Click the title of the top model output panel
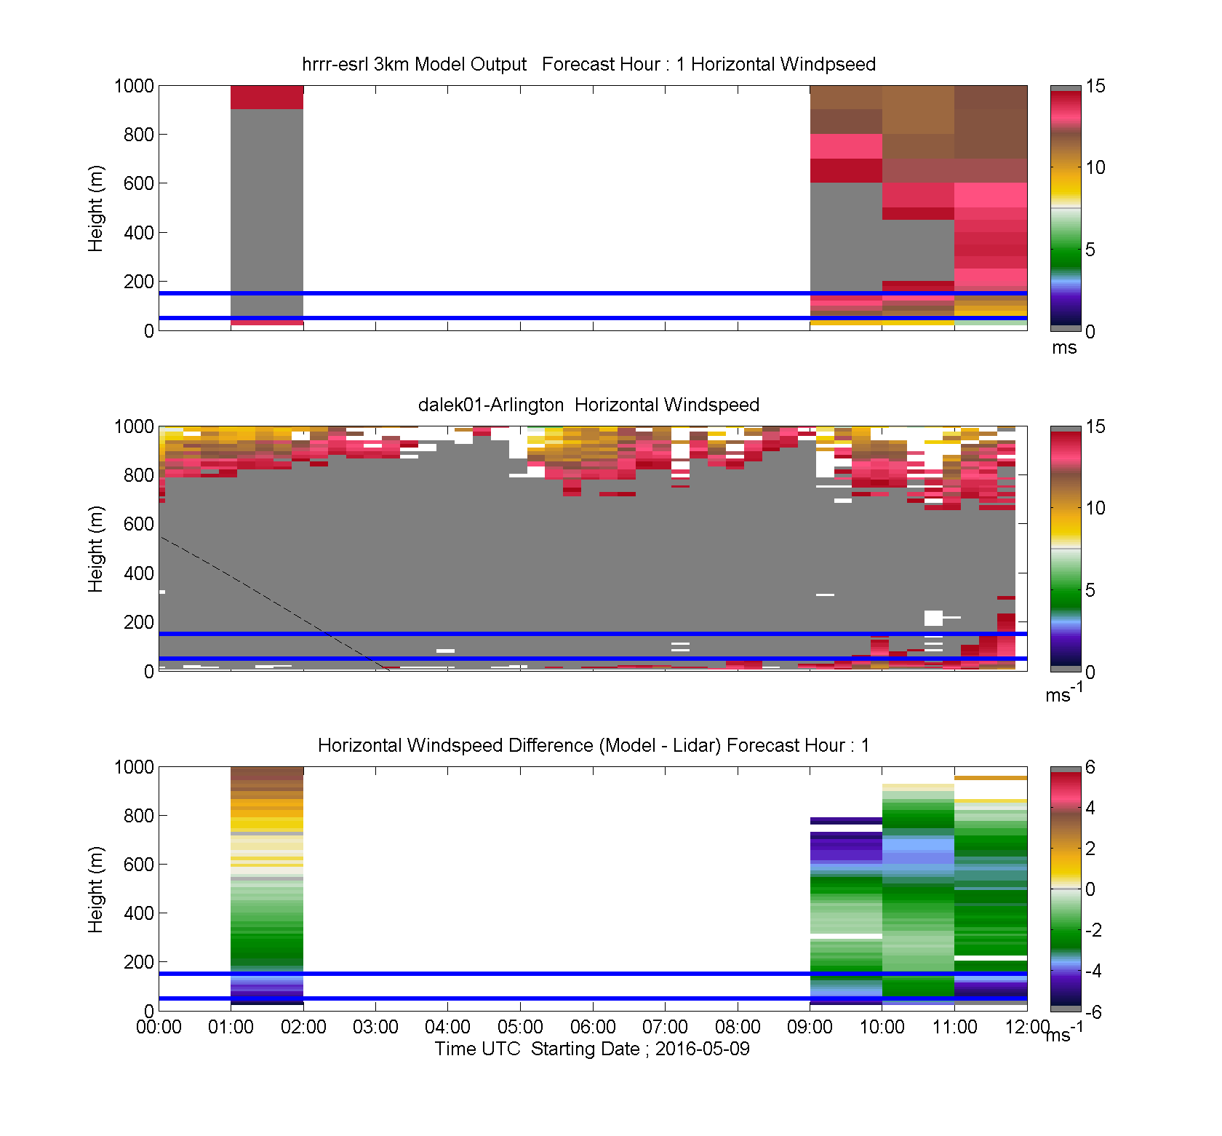pyautogui.click(x=588, y=64)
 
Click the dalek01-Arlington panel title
pyautogui.click(x=588, y=405)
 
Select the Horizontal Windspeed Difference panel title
pyautogui.click(x=594, y=745)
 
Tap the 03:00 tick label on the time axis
pyautogui.click(x=375, y=1027)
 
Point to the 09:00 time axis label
pyautogui.click(x=810, y=1027)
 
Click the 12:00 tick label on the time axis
pyautogui.click(x=1027, y=1027)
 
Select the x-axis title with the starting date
pyautogui.click(x=592, y=1049)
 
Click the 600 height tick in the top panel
pyautogui.click(x=139, y=183)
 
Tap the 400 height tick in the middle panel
pyautogui.click(x=139, y=573)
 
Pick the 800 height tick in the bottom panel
pyautogui.click(x=139, y=816)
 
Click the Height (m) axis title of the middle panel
pyautogui.click(x=95, y=549)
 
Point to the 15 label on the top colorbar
pyautogui.click(x=1095, y=86)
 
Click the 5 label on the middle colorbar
pyautogui.click(x=1090, y=590)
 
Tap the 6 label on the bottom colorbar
pyautogui.click(x=1090, y=767)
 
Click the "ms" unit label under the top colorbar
pyautogui.click(x=1064, y=348)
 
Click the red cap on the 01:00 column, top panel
pyautogui.click(x=267, y=98)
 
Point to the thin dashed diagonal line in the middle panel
pyautogui.click(x=274, y=603)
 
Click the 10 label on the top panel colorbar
pyautogui.click(x=1095, y=167)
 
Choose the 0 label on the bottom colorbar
pyautogui.click(x=1090, y=889)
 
